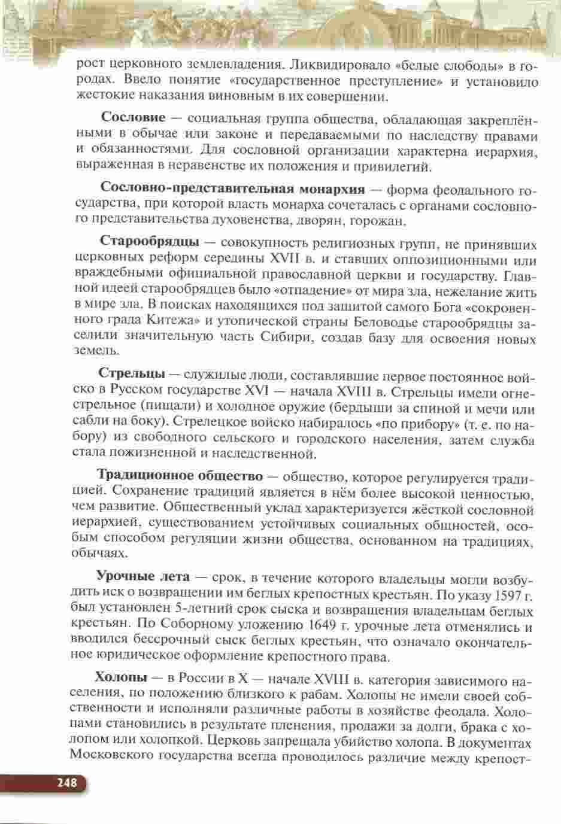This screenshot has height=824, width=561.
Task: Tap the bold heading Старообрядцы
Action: [x=150, y=242]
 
